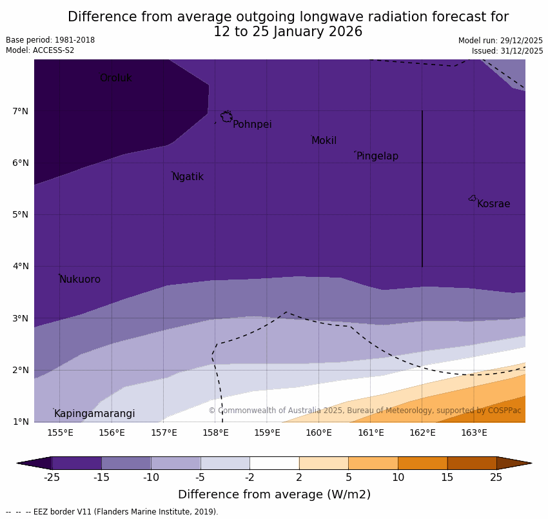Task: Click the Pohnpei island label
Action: (252, 125)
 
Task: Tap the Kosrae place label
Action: (493, 204)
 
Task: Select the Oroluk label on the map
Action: (115, 78)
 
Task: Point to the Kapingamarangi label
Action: (94, 414)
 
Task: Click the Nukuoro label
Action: (80, 280)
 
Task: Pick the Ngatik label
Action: (188, 177)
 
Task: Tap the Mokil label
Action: (324, 141)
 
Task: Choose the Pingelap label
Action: (377, 156)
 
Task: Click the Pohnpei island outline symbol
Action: (226, 117)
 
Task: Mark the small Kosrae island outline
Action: (473, 198)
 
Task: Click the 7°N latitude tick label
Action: (21, 111)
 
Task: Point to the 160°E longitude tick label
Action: (318, 432)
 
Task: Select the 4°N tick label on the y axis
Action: (21, 266)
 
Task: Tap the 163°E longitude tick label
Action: (474, 432)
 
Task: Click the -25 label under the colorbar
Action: (52, 478)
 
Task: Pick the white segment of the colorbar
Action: (274, 463)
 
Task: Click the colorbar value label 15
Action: (447, 478)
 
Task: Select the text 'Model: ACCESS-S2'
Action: (40, 50)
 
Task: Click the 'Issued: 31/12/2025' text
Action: (507, 50)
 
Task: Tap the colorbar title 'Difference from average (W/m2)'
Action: (274, 495)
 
